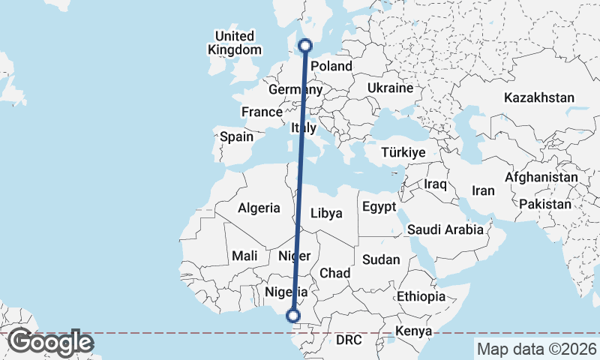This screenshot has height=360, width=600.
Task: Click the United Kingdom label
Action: pyautogui.click(x=235, y=43)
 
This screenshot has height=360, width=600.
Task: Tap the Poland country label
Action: pyautogui.click(x=331, y=66)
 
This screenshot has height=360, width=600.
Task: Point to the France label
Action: pyautogui.click(x=261, y=112)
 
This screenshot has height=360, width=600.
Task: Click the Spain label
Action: pyautogui.click(x=236, y=137)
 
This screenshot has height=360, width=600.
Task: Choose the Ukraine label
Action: pyautogui.click(x=390, y=88)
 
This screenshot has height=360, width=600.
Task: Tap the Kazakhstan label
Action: pyautogui.click(x=539, y=98)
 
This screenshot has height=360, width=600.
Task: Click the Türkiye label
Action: pyautogui.click(x=403, y=152)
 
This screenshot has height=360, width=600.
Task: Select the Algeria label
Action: pyautogui.click(x=259, y=208)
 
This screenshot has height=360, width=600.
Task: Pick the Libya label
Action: pyautogui.click(x=326, y=213)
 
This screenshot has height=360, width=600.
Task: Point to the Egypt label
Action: pyautogui.click(x=378, y=206)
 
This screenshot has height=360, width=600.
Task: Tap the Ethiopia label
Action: pyautogui.click(x=421, y=296)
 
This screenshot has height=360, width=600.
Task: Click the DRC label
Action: pyautogui.click(x=349, y=340)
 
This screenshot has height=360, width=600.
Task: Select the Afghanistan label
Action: pyautogui.click(x=541, y=178)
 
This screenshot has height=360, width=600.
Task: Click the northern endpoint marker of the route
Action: pyautogui.click(x=305, y=46)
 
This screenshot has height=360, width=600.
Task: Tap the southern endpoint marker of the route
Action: pyautogui.click(x=294, y=316)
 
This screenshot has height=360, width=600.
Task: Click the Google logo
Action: pyautogui.click(x=50, y=342)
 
